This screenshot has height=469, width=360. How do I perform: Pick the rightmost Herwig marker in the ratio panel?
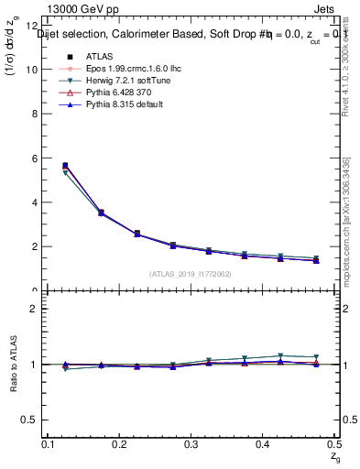click(x=316, y=357)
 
